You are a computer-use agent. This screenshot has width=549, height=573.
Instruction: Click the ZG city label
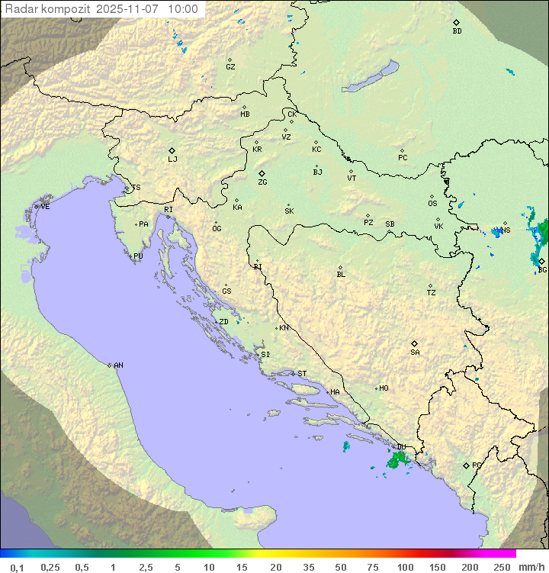point(262,183)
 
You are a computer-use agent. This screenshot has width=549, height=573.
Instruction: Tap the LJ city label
point(172,159)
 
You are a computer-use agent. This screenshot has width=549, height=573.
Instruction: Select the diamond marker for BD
point(456,22)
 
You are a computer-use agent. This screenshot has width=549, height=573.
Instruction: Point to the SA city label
point(415,352)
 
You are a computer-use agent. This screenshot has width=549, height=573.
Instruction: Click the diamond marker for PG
point(466,465)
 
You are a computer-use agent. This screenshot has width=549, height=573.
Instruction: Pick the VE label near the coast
point(45,207)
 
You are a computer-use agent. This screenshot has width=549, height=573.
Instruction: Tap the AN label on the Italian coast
point(118,365)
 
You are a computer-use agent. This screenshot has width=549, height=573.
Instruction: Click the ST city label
point(302,374)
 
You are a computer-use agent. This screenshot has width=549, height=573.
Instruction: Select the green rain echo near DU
point(396,460)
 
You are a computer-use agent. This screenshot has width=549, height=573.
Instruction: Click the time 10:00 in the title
point(182,10)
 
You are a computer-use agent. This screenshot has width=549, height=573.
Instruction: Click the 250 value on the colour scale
point(502,567)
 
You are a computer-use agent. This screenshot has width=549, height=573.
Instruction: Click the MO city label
point(384,388)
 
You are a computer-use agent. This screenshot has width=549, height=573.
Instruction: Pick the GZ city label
point(230,67)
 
